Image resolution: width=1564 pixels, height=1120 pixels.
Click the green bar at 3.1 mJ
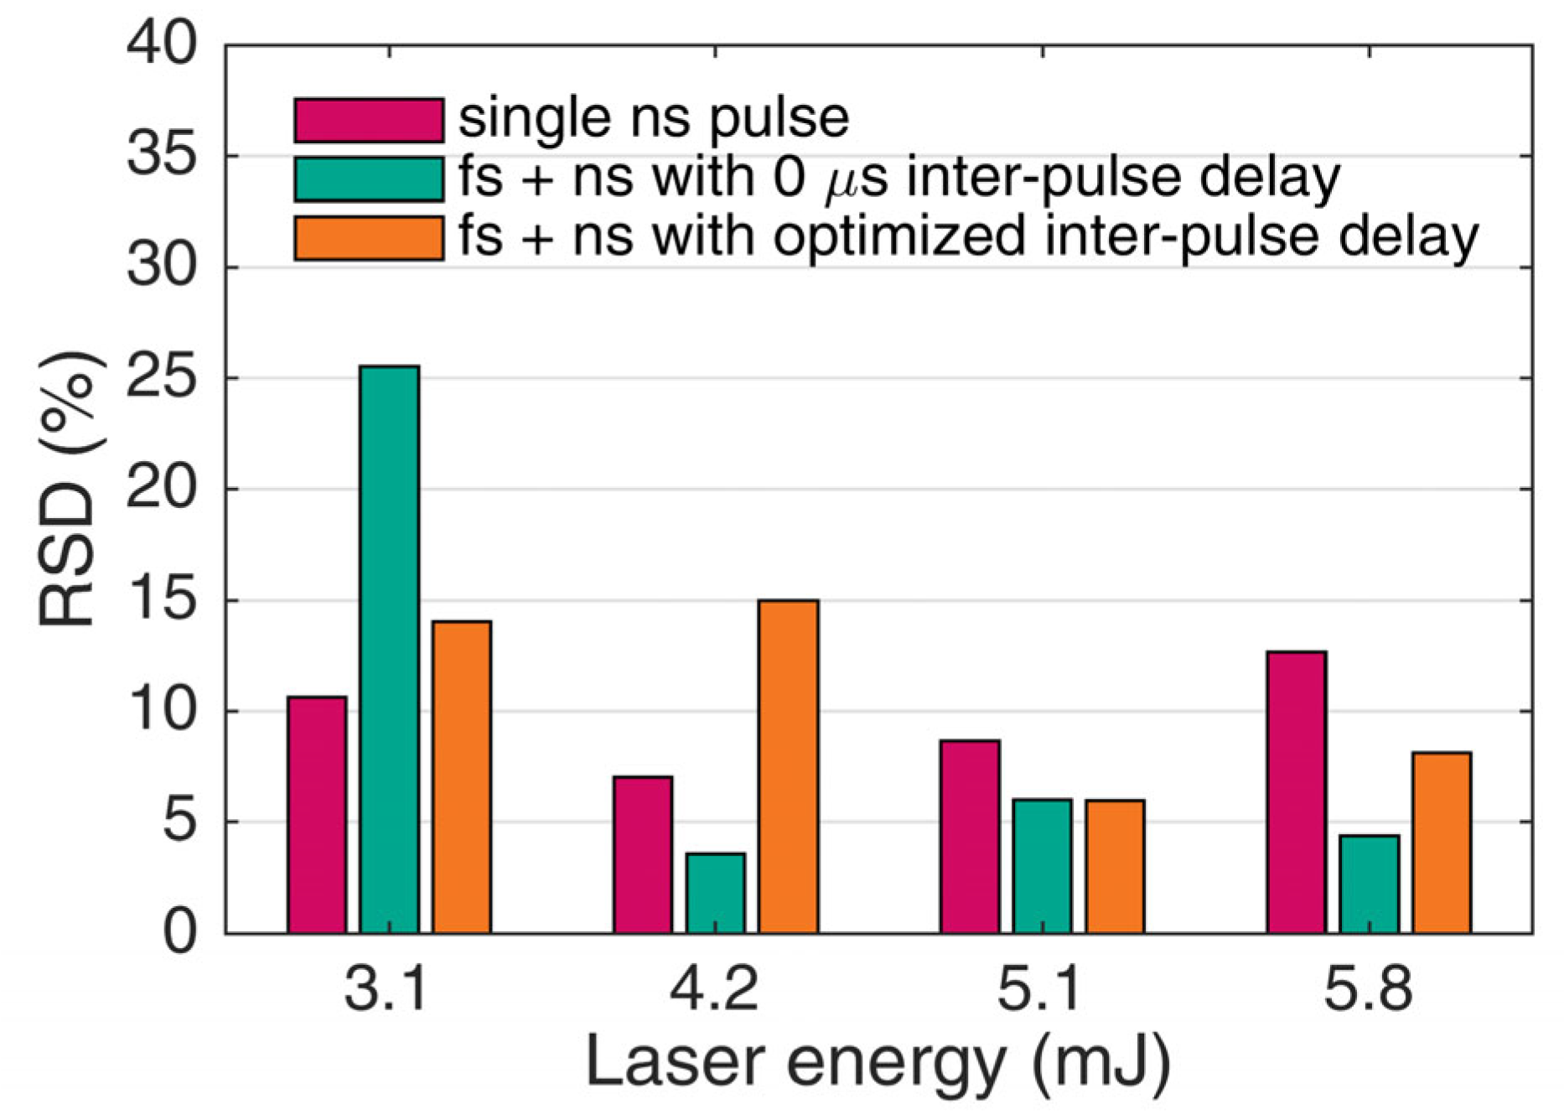coord(389,650)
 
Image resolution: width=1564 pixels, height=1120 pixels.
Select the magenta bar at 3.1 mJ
coord(317,815)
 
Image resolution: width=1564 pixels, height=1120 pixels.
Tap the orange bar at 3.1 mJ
coord(462,777)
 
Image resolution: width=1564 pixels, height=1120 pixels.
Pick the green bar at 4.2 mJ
coord(715,893)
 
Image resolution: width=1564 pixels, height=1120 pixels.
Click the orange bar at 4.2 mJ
coord(788,766)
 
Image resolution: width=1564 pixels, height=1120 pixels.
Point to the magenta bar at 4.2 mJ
coord(643,854)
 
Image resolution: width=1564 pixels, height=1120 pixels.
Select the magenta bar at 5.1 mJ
coord(970,837)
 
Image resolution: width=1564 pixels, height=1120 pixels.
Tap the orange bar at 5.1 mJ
coord(1115,866)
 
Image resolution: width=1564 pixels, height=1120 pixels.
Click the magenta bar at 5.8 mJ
coord(1297,792)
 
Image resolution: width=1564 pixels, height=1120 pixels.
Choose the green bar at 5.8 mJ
coord(1369,884)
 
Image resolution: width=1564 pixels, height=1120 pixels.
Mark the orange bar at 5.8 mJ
coord(1442,843)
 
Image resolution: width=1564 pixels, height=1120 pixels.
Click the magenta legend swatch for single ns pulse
coord(369,120)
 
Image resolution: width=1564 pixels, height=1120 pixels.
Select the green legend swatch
coord(369,179)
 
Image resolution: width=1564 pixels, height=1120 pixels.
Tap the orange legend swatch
coord(369,238)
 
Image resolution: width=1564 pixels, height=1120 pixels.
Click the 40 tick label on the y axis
coord(161,44)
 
